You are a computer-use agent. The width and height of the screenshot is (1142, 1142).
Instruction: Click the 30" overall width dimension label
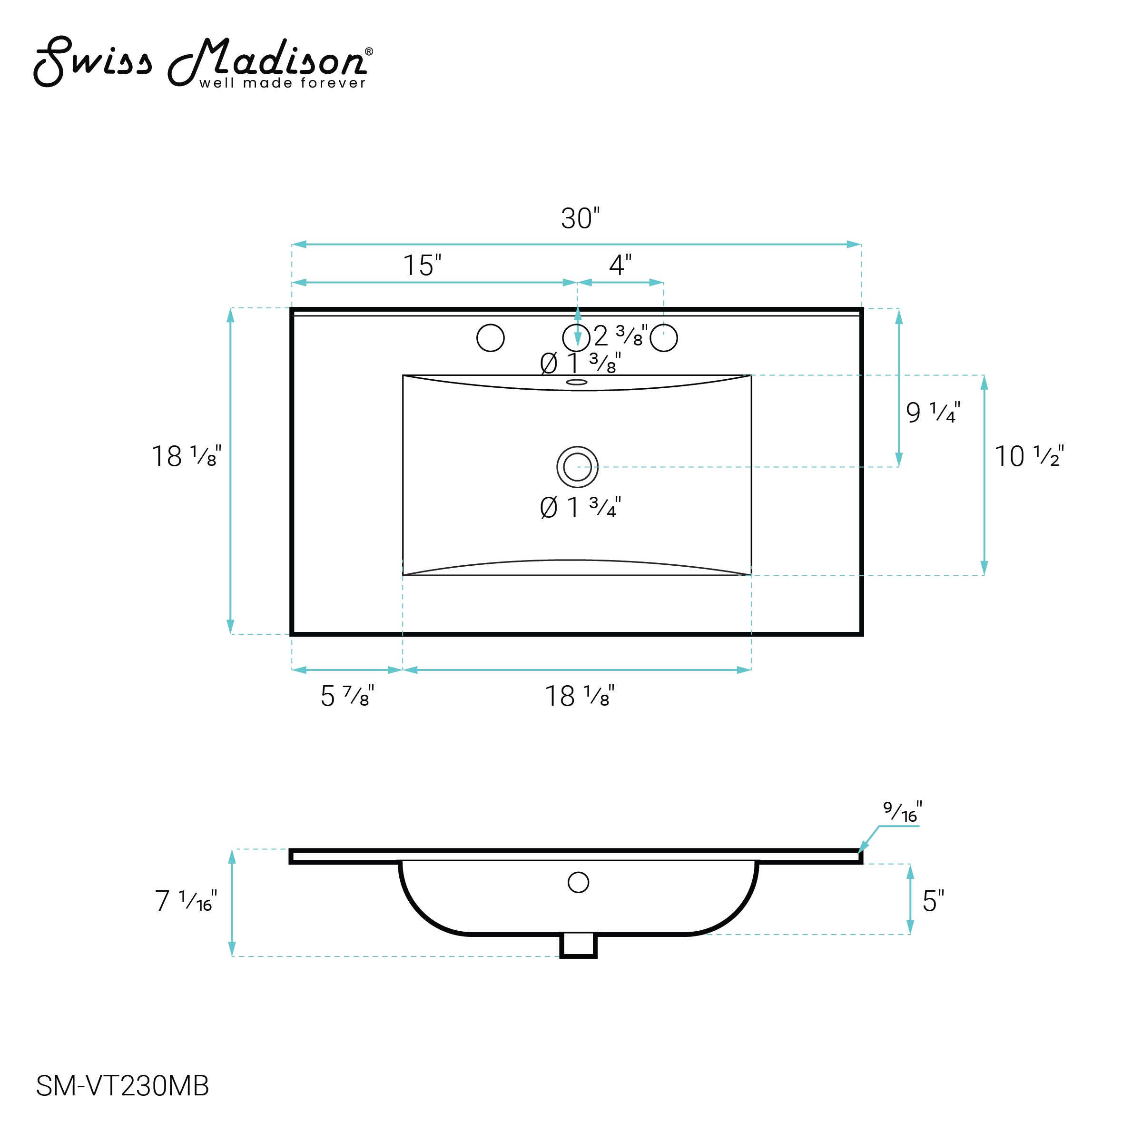pos(580,219)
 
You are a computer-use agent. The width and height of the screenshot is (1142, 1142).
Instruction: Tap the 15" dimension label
pos(422,266)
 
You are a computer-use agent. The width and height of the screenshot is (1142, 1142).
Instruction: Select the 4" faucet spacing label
pos(620,266)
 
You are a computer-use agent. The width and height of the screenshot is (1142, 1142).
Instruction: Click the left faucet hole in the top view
pos(491,338)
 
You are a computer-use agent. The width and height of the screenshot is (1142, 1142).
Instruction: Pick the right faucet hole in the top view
pos(664,338)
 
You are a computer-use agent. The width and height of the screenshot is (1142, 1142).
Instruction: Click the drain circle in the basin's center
pos(578,467)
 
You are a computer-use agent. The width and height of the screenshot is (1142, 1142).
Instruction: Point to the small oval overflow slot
pos(577,382)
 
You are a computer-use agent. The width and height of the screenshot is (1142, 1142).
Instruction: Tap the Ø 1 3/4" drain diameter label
pos(581,508)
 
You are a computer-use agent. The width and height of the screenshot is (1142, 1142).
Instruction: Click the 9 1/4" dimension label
pos(933,412)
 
